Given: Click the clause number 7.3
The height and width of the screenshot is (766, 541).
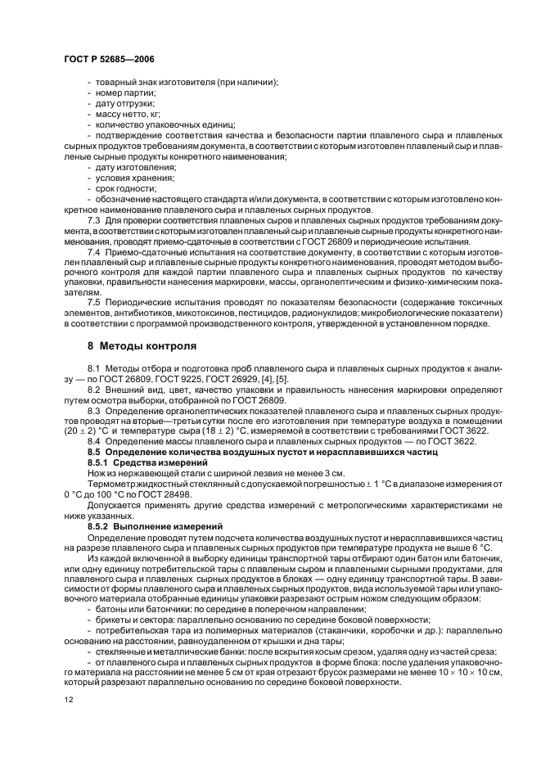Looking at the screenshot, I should [x=94, y=220].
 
